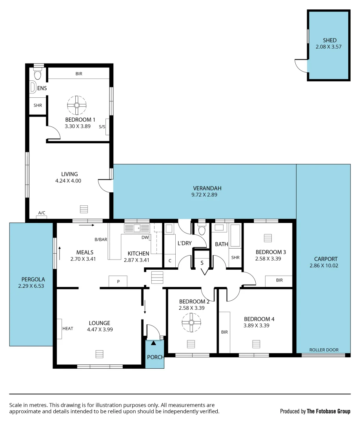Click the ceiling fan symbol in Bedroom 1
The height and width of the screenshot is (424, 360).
76,105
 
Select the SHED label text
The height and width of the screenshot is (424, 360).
329,40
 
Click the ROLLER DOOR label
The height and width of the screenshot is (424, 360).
324,350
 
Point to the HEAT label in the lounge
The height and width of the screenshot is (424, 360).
68,329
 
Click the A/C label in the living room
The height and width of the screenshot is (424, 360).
42,213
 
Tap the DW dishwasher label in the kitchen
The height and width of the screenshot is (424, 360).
145,237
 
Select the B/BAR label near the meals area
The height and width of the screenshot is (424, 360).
101,239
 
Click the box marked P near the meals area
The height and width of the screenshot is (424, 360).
118,281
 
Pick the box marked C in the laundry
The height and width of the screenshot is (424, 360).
170,261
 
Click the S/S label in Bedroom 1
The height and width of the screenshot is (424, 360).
102,127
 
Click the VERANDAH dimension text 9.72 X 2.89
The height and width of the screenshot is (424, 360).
204,194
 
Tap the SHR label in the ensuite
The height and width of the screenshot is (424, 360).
38,105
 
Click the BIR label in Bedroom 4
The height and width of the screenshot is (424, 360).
224,332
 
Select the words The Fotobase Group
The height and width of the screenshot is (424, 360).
329,411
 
